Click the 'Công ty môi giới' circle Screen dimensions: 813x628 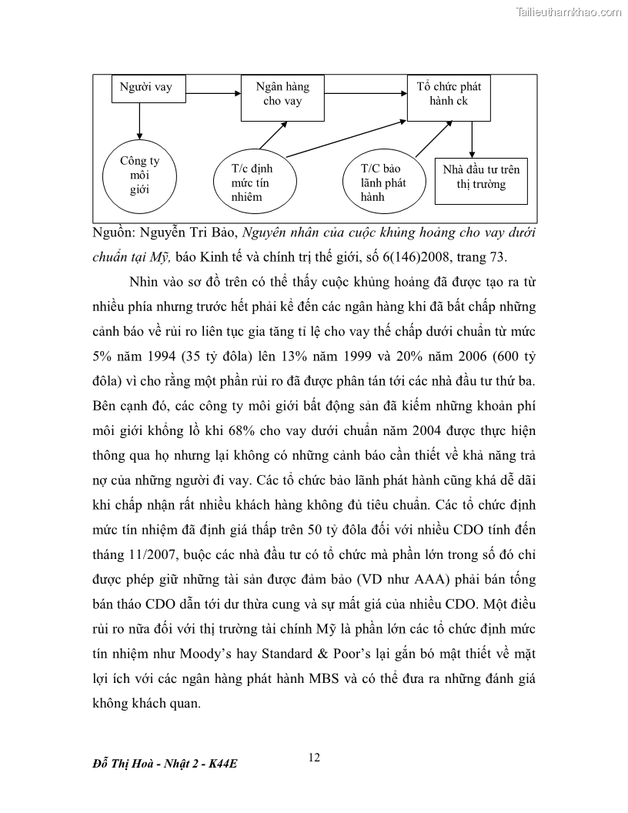pyautogui.click(x=139, y=176)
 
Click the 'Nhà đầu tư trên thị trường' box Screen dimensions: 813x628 pyautogui.click(x=481, y=178)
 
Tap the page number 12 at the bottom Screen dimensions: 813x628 pyautogui.click(x=314, y=758)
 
